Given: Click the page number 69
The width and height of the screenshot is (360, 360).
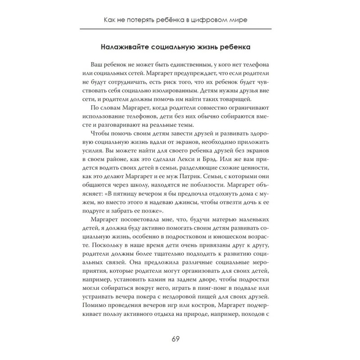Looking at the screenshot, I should [180, 338].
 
